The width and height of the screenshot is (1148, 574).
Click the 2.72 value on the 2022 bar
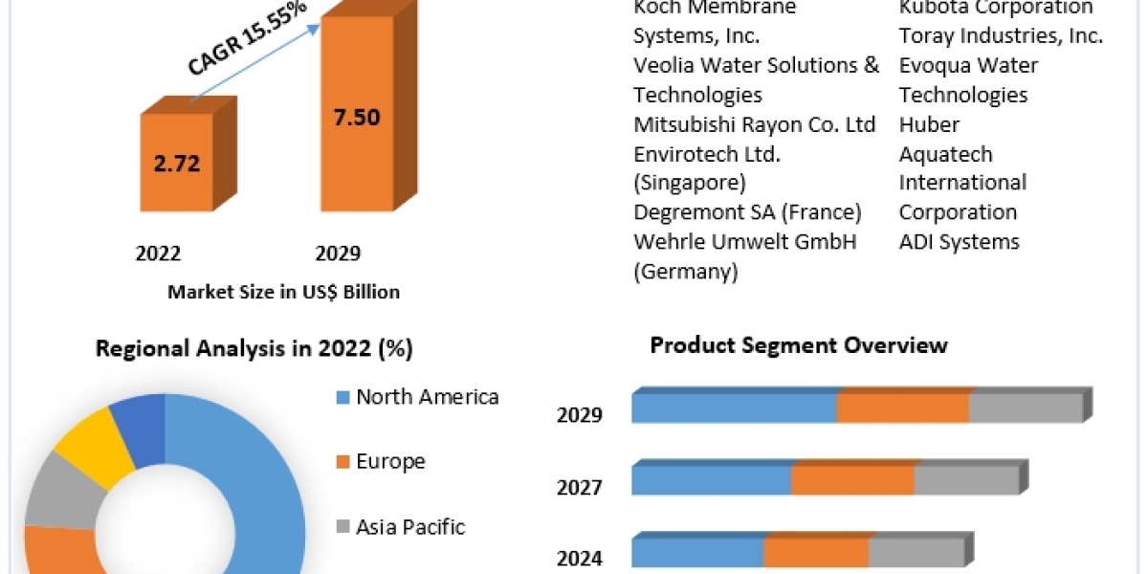[176, 163]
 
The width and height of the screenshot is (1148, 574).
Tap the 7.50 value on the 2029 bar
[357, 118]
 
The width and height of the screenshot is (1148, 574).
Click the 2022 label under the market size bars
[158, 254]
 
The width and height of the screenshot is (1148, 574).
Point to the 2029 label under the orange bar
[338, 254]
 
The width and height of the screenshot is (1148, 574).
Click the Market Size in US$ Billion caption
[283, 292]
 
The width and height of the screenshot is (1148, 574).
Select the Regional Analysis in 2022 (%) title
[254, 349]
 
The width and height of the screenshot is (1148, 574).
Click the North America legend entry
[427, 397]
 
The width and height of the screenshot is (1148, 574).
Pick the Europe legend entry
[389, 462]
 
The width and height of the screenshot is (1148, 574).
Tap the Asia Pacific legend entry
[409, 526]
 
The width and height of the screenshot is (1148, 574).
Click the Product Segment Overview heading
[799, 345]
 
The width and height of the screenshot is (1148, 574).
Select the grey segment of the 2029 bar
[1025, 408]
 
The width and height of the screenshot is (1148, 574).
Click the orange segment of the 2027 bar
[852, 480]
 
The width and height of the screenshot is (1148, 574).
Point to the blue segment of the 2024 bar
[696, 553]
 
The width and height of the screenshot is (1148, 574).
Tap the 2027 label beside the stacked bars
[580, 488]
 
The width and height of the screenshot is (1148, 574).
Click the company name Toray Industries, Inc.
[1001, 36]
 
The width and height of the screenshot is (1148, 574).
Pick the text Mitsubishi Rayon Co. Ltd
[754, 124]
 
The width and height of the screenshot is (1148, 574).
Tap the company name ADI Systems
[959, 242]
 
